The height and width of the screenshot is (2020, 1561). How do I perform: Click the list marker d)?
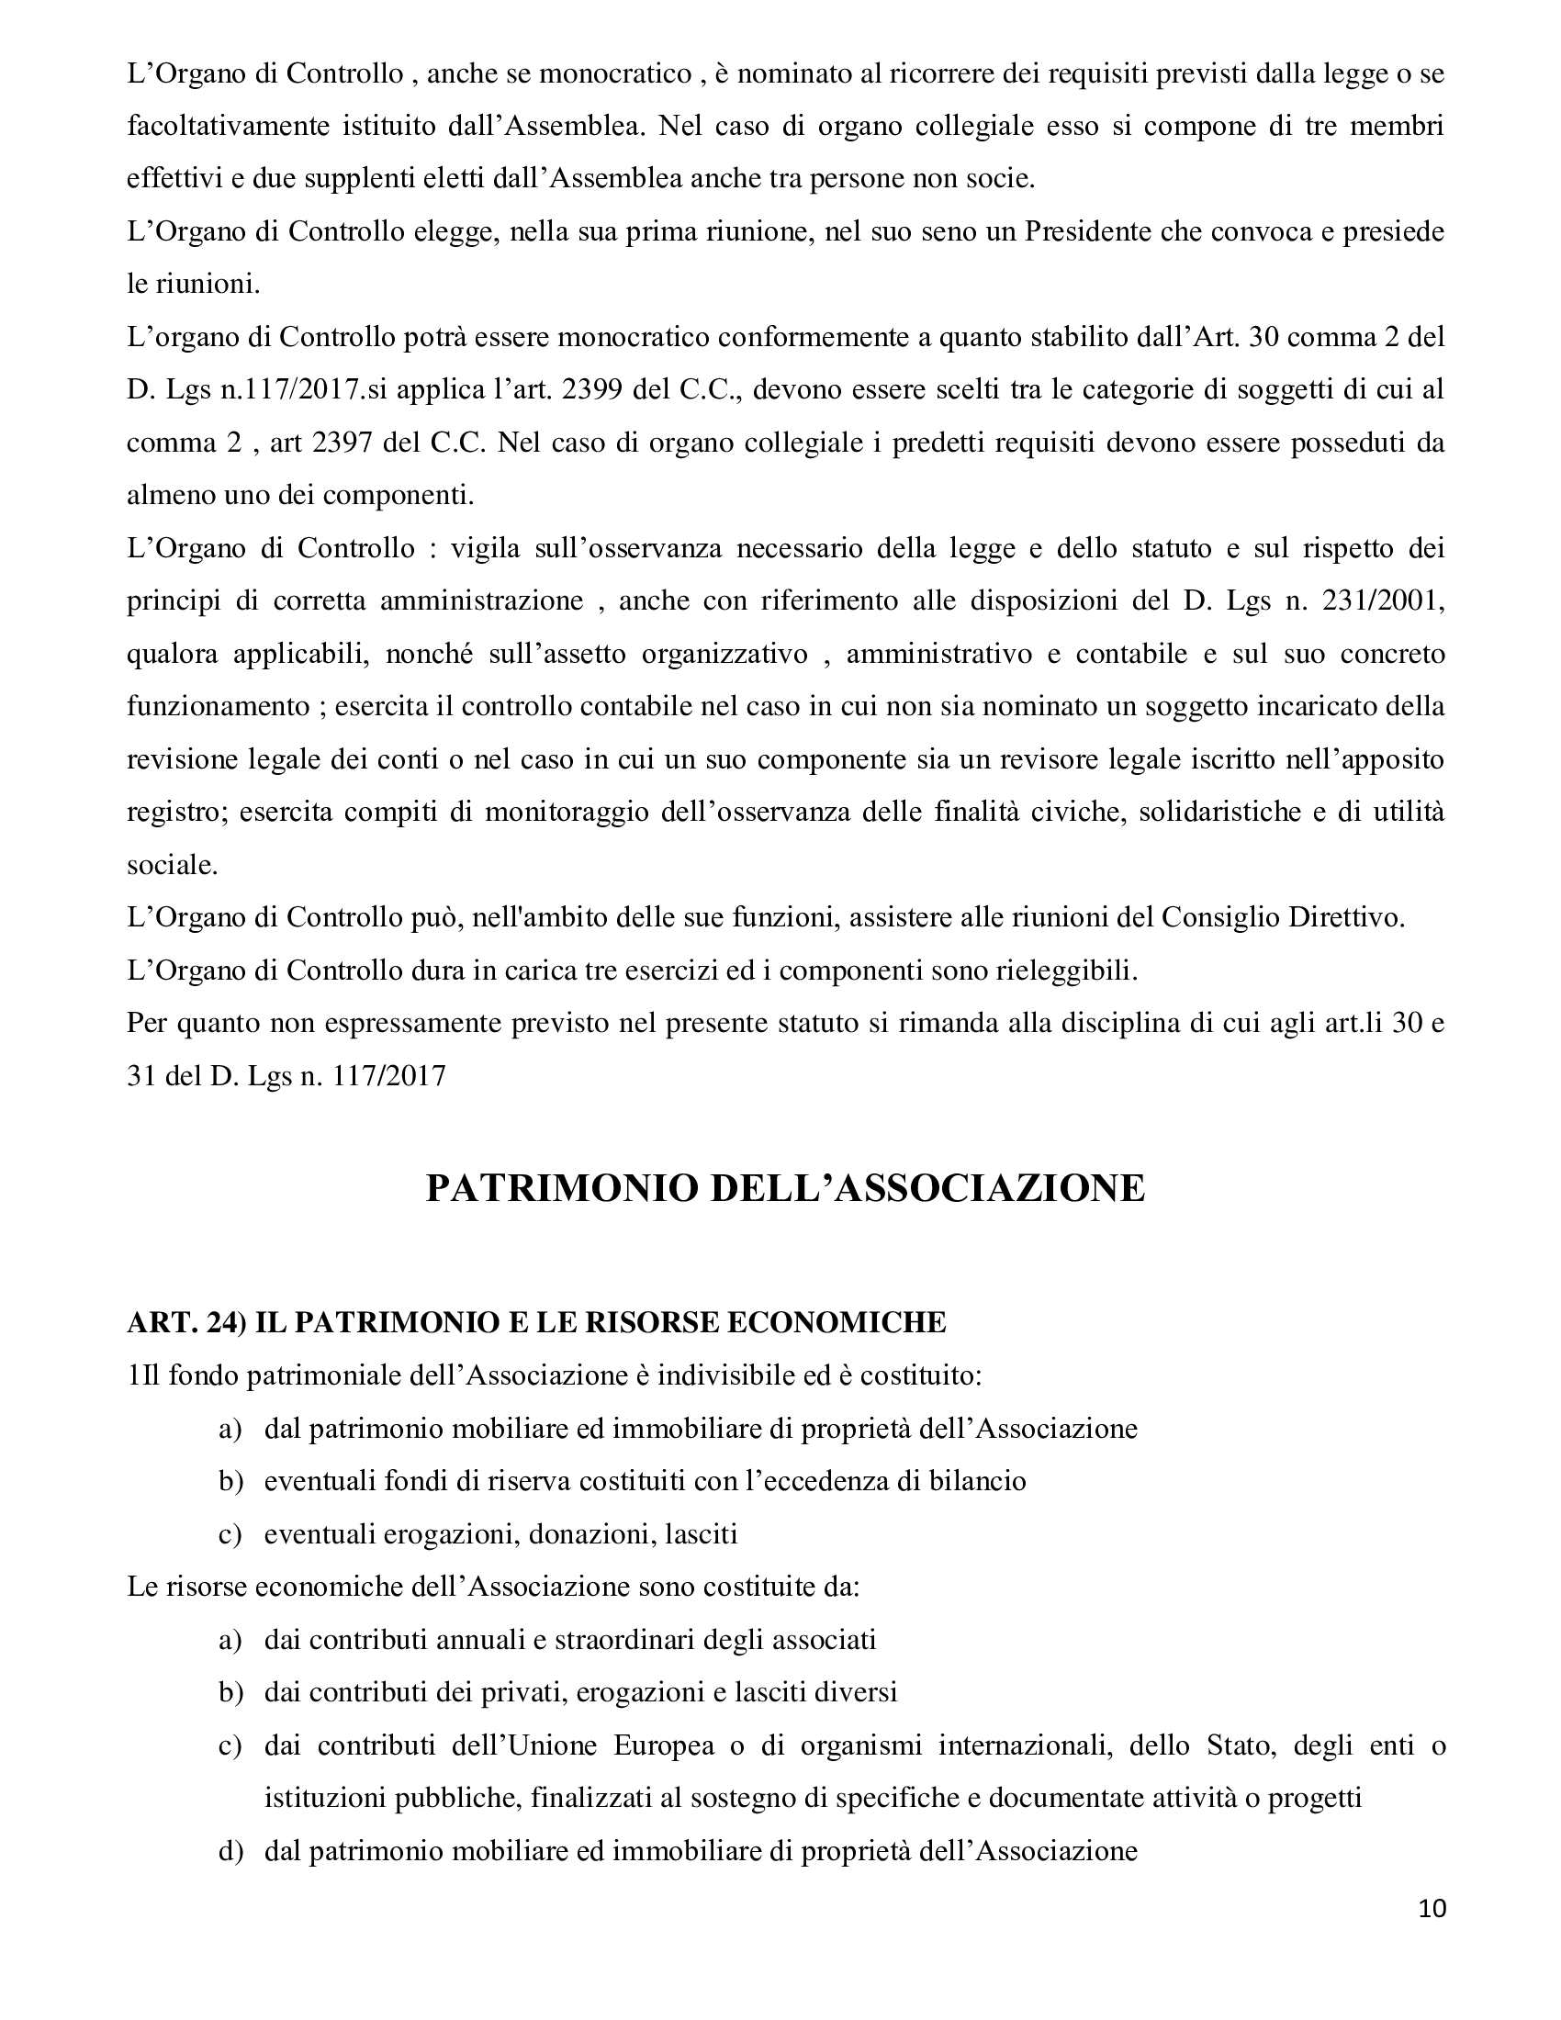[x=230, y=1852]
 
